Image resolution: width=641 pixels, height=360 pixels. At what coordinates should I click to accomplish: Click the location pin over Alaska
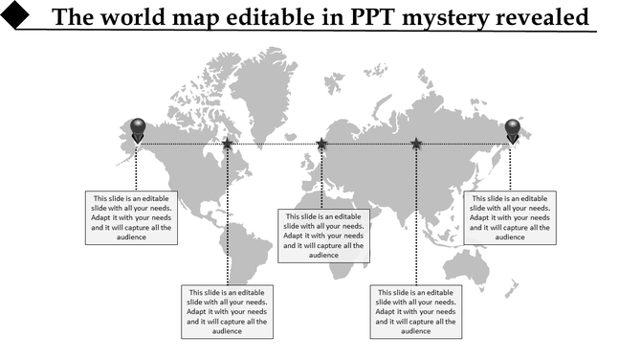(138, 129)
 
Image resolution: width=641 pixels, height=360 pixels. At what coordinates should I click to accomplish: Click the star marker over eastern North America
(228, 145)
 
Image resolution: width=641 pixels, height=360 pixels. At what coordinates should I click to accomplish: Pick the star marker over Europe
(322, 145)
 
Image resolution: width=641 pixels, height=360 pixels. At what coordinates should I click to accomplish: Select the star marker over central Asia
(416, 145)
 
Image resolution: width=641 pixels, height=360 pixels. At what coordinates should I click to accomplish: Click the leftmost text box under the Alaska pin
(132, 217)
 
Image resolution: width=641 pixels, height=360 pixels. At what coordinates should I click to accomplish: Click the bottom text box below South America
(228, 311)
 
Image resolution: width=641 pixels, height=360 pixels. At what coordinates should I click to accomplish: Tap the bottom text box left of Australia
(416, 311)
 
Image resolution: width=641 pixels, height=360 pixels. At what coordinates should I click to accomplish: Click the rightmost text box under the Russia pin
(510, 217)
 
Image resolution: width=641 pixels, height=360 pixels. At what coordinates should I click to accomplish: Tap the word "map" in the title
(188, 18)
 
